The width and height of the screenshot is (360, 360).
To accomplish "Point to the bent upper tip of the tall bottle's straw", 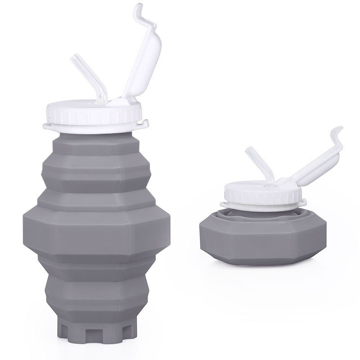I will click(74, 60).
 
